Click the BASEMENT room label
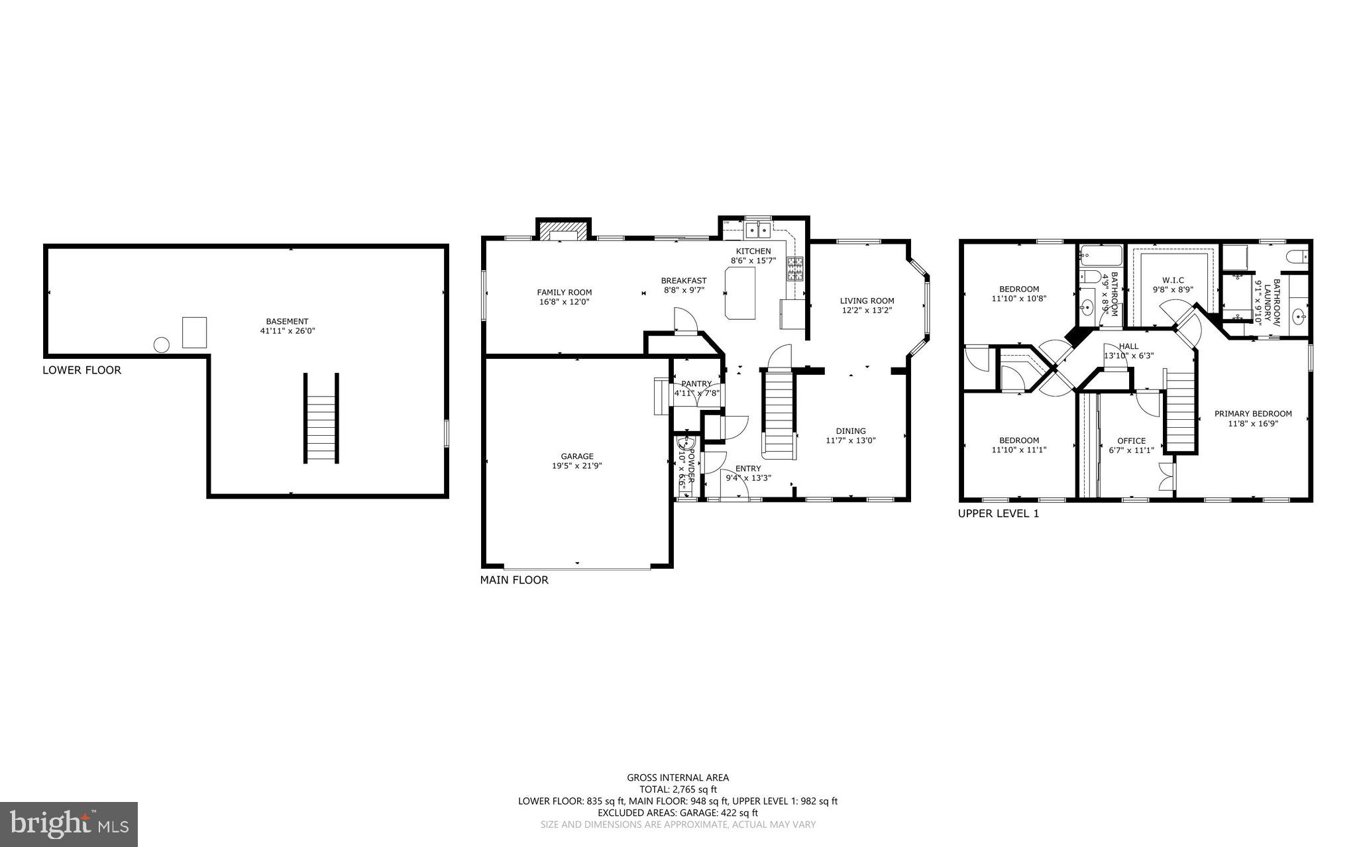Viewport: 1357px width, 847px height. pyautogui.click(x=287, y=321)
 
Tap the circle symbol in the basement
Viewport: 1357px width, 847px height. pyautogui.click(x=161, y=344)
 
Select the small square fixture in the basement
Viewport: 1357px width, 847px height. pyautogui.click(x=194, y=332)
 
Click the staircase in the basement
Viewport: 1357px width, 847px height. pyautogui.click(x=321, y=419)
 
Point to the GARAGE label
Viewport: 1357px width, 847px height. pyautogui.click(x=576, y=456)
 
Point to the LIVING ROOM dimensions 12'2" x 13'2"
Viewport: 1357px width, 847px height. pyautogui.click(x=867, y=310)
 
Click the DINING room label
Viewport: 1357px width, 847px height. pyautogui.click(x=850, y=431)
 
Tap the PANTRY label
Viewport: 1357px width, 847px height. pyautogui.click(x=696, y=383)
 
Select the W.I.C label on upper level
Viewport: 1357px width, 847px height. pyautogui.click(x=1172, y=280)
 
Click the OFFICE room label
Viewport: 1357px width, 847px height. pyautogui.click(x=1131, y=440)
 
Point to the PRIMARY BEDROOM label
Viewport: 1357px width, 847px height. pyautogui.click(x=1252, y=414)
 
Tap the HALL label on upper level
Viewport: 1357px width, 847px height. pyautogui.click(x=1128, y=346)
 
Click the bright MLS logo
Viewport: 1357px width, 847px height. pyautogui.click(x=69, y=824)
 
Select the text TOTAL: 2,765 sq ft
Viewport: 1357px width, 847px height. pyautogui.click(x=678, y=789)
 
